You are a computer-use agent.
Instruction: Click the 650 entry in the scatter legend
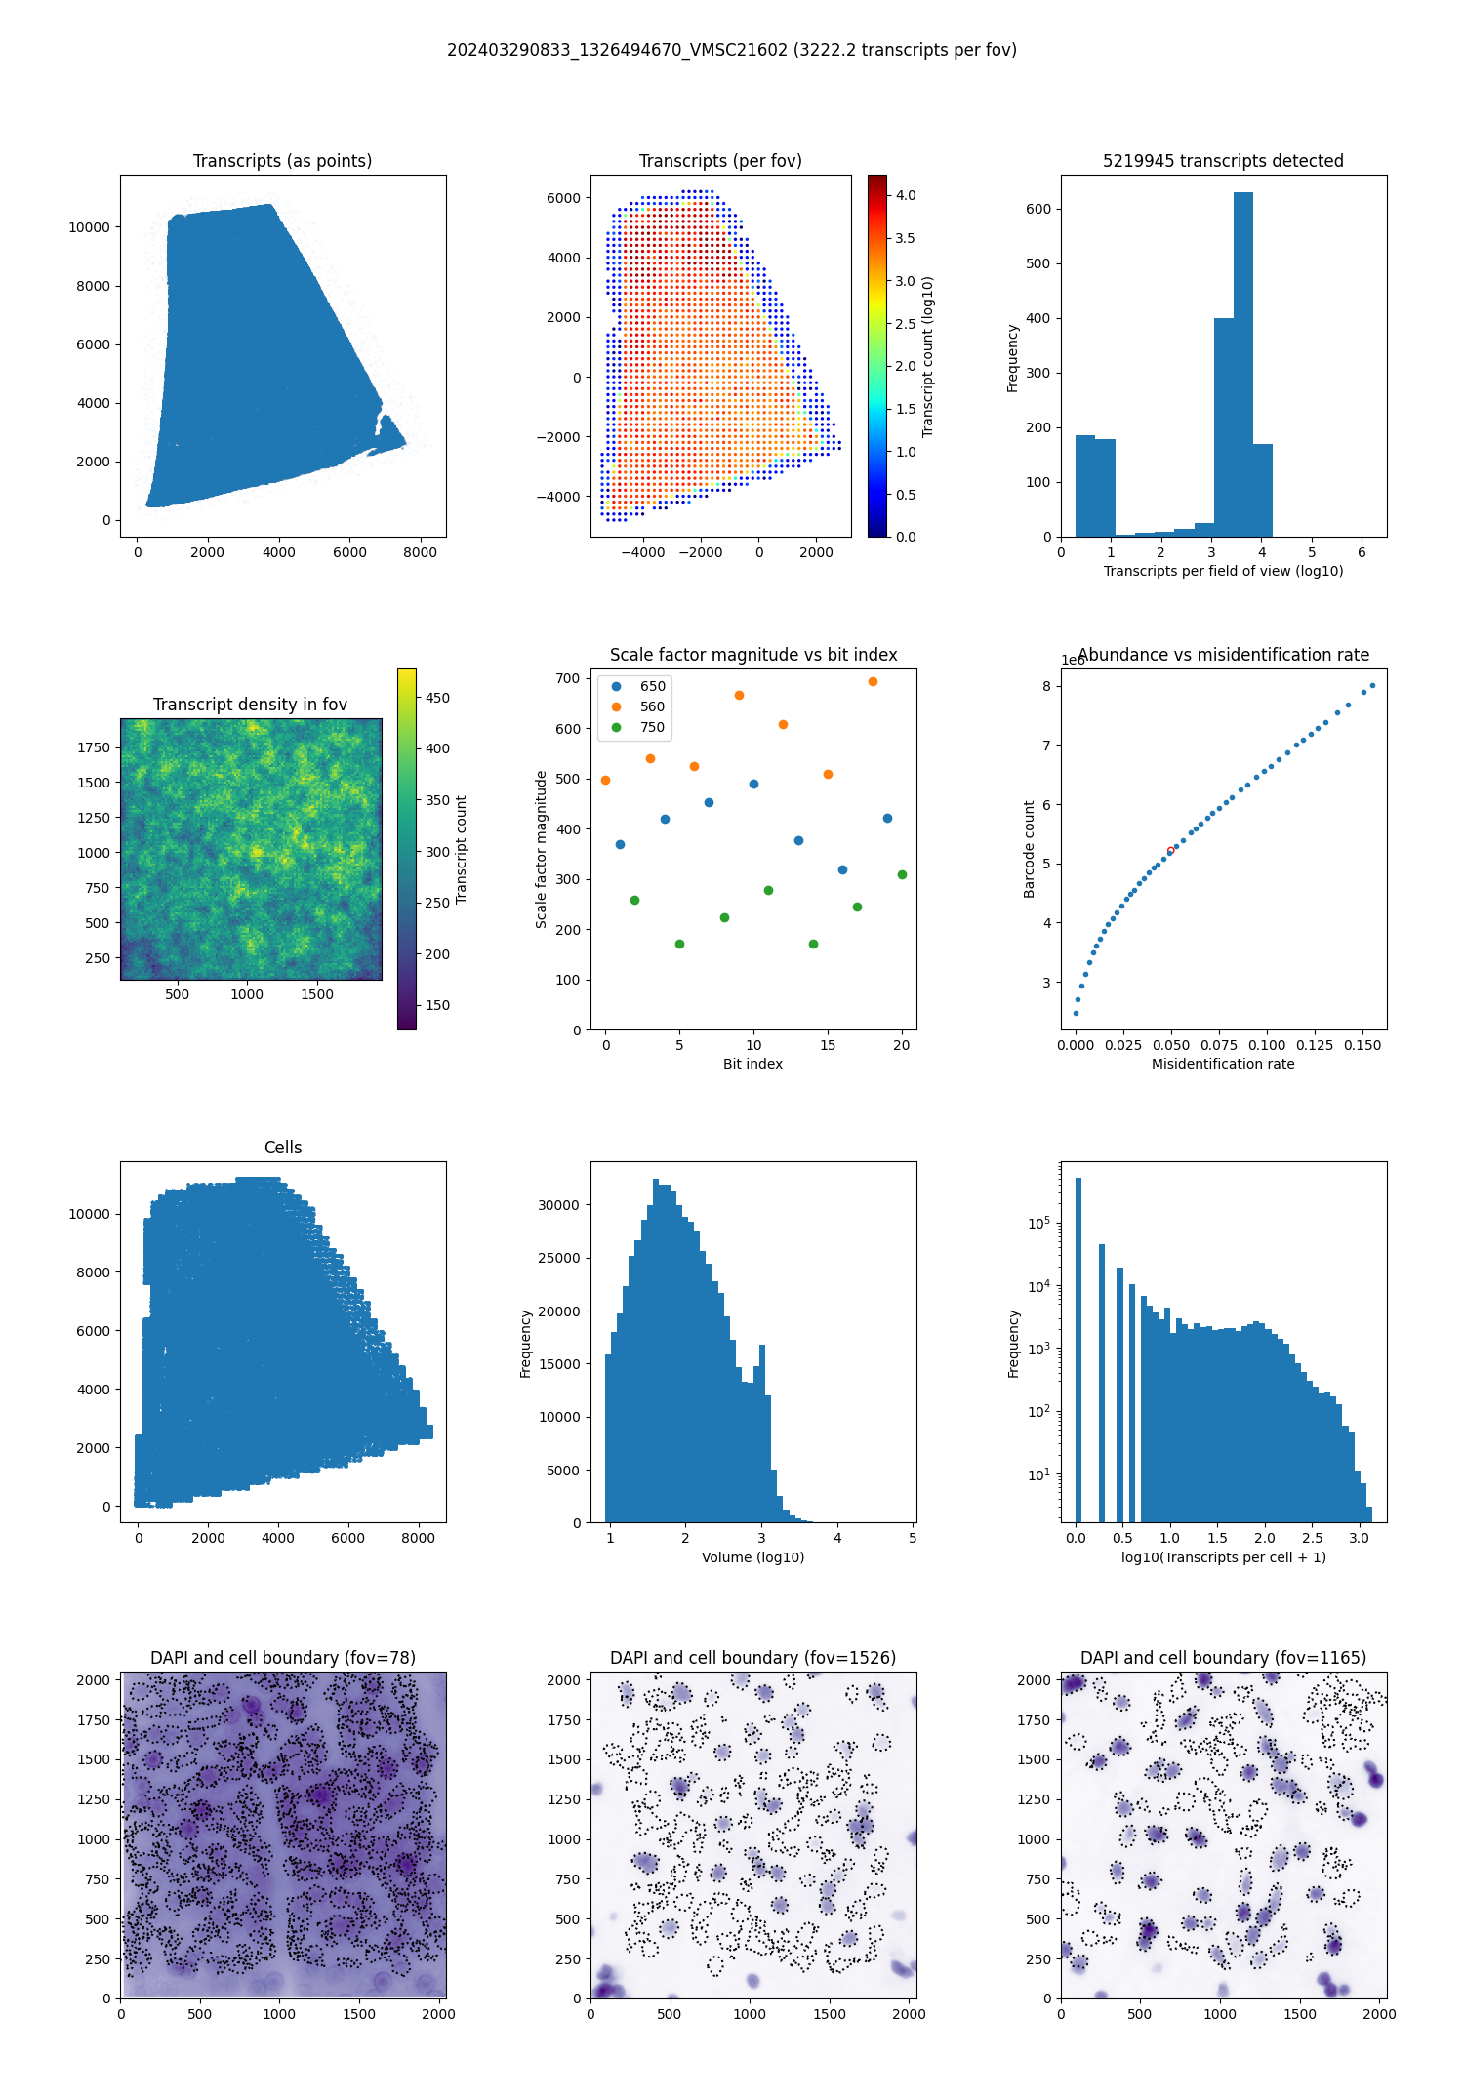coord(652,686)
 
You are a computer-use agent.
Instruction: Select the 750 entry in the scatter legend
coord(652,727)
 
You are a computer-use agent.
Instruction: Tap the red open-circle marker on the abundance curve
coord(1170,851)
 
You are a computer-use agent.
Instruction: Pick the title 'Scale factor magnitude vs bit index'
coord(752,655)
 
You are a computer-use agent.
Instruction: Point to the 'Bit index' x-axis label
coord(752,1064)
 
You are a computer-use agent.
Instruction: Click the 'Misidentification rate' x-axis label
coord(1223,1064)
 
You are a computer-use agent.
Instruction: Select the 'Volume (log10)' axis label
coord(752,1557)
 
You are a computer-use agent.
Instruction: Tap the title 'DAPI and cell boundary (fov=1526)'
coord(752,1658)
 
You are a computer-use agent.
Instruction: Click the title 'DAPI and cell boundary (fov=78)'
coord(283,1658)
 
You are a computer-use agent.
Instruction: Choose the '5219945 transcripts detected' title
coord(1223,161)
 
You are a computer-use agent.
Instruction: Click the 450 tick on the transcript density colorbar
coord(437,698)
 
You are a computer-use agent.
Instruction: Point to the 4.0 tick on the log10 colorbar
coord(906,195)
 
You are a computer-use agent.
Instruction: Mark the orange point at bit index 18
coord(873,681)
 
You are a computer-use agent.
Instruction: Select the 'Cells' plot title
coord(283,1148)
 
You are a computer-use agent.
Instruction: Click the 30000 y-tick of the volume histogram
coord(559,1205)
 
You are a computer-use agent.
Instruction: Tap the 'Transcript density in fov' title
coord(250,705)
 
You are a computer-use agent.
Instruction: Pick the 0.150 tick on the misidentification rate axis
coord(1362,1045)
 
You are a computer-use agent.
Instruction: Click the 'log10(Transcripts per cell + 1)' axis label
coord(1223,1557)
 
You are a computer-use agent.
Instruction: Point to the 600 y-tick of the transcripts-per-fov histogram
coord(1038,209)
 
